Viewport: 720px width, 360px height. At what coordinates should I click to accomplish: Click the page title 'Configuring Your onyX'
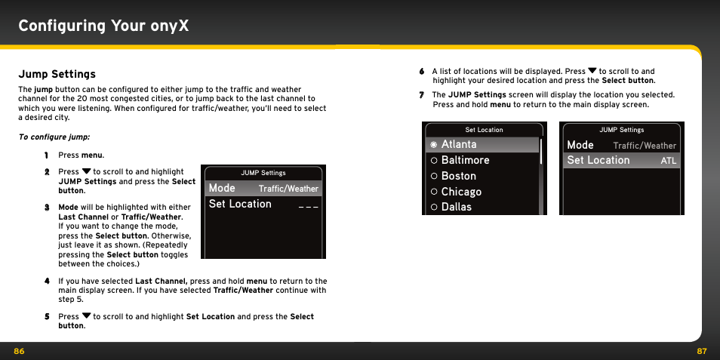[103, 26]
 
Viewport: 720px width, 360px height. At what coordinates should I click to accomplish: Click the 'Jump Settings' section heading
[57, 74]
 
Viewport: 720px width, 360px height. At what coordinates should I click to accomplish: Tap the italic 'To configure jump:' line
[54, 137]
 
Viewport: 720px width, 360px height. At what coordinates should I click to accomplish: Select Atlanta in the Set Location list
[459, 144]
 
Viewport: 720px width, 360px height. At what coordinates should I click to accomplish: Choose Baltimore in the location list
[465, 160]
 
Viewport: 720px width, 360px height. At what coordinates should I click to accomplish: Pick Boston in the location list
[458, 176]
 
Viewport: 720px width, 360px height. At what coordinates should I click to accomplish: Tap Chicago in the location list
[461, 192]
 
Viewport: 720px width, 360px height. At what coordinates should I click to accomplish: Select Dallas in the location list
[456, 207]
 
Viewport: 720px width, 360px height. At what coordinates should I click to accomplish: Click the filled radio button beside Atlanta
[434, 144]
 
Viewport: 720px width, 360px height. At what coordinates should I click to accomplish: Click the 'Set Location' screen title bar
[484, 130]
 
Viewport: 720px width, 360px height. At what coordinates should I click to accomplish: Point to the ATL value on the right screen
[668, 161]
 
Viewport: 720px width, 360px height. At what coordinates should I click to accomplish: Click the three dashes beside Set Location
[308, 205]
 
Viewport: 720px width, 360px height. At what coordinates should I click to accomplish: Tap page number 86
[19, 351]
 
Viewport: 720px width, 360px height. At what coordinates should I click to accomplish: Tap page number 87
[701, 351]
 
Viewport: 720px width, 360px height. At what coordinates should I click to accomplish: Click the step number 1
[46, 155]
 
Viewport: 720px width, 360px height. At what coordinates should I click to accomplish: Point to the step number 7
[422, 95]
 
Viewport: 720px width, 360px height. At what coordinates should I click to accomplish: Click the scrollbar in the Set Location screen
[541, 151]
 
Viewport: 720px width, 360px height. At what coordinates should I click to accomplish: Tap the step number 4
[46, 282]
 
